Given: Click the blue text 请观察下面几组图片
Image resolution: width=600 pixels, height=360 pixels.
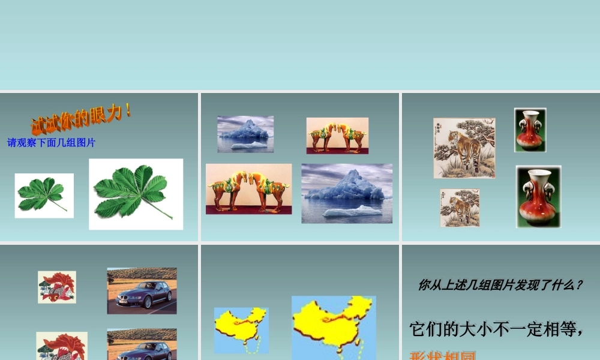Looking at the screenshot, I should click(52, 143).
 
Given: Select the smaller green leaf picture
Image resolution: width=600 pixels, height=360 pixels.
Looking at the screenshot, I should click(44, 196).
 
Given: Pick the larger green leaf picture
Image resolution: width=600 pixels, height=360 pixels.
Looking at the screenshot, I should click(136, 194).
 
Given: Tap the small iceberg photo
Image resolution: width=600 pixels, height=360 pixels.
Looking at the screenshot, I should click(245, 134).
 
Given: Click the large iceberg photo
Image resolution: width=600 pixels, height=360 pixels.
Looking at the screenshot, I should click(347, 193).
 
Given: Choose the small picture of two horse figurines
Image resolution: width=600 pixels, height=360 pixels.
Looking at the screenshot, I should click(337, 136).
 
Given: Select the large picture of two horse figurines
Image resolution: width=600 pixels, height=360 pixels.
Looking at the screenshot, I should click(248, 189).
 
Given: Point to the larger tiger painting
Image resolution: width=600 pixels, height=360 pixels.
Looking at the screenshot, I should click(464, 148).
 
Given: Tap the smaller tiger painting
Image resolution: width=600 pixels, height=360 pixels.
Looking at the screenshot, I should click(460, 208).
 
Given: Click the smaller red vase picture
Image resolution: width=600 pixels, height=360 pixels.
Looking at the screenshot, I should click(530, 130).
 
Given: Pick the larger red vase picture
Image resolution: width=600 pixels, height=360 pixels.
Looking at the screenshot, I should click(538, 197).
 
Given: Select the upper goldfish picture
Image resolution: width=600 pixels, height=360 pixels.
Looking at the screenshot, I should click(57, 287).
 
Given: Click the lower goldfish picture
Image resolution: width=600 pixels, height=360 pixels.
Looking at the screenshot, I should click(61, 346).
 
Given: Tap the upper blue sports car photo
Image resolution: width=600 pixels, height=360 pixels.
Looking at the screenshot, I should click(142, 290).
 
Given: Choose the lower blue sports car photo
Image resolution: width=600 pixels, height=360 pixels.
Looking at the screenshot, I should click(142, 344).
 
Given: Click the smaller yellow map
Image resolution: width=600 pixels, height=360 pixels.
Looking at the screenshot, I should click(241, 329).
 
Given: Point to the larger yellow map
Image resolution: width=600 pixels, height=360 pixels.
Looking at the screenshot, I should click(334, 327).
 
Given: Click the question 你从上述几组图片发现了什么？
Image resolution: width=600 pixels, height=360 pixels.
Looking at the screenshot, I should click(500, 286).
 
